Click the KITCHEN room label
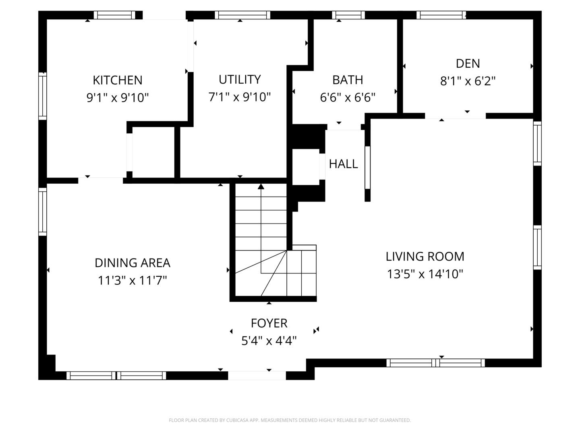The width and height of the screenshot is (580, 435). pyautogui.click(x=118, y=80)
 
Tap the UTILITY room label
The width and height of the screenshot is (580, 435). pyautogui.click(x=240, y=79)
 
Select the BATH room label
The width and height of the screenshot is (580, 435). pyautogui.click(x=348, y=80)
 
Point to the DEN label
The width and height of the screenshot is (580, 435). pyautogui.click(x=468, y=64)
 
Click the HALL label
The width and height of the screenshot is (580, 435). pyautogui.click(x=343, y=164)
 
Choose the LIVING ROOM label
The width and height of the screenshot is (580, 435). pyautogui.click(x=425, y=257)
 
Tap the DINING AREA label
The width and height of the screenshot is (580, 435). pyautogui.click(x=133, y=263)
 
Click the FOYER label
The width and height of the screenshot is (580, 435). pyautogui.click(x=269, y=323)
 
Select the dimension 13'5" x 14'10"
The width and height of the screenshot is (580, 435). pyautogui.click(x=425, y=274)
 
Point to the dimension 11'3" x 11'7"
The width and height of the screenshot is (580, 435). pyautogui.click(x=133, y=280)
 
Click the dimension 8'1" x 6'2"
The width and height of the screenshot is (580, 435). pyautogui.click(x=468, y=81)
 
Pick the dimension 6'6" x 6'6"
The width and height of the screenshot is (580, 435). pyautogui.click(x=348, y=97)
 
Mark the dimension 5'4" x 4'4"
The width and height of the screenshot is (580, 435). pyautogui.click(x=269, y=341)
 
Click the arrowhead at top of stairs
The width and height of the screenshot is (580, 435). pyautogui.click(x=261, y=186)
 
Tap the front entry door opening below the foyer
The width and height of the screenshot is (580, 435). pyautogui.click(x=257, y=375)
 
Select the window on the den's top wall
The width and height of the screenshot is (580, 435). pyautogui.click(x=441, y=15)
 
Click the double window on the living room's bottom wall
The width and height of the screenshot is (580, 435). pyautogui.click(x=435, y=363)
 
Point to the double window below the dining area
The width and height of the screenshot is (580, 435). pyautogui.click(x=116, y=376)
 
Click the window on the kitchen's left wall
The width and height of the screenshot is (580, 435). pyautogui.click(x=42, y=96)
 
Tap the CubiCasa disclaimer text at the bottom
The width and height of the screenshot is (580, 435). pyautogui.click(x=290, y=420)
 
